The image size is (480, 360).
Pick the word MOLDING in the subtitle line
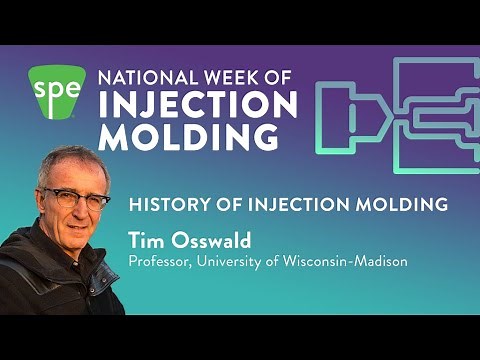point(400,205)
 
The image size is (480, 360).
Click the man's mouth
point(72,229)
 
